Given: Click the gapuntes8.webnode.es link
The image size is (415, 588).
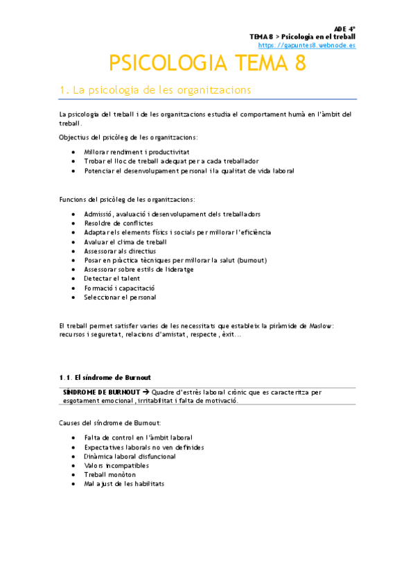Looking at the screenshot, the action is coord(312,45).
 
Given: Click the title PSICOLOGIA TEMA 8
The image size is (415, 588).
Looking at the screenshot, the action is coord(207,64).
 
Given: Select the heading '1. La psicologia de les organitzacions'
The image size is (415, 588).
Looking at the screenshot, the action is coord(156,90).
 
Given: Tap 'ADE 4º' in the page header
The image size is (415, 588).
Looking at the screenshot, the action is coord(344,28).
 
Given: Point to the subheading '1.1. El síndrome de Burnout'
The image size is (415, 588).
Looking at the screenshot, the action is coord(105,377).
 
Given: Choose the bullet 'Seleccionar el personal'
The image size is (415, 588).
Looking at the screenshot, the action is coord(120,297).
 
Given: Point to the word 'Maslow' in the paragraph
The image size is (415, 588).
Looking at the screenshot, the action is coord(319,325).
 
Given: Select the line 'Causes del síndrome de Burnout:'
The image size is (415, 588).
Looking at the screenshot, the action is coord(110,422).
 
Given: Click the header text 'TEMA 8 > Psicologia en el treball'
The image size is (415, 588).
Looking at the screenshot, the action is coord(303,36).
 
